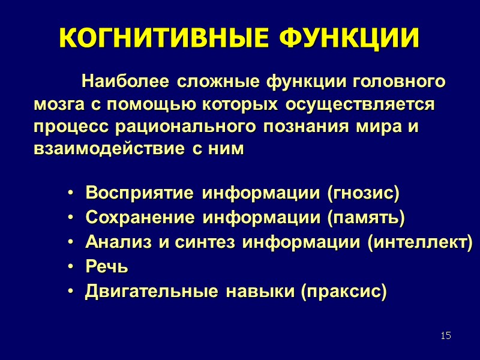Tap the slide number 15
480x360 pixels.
[x=445, y=335]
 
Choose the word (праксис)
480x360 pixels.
[x=343, y=292]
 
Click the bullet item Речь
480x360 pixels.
[x=106, y=267]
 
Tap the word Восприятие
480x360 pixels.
[x=140, y=194]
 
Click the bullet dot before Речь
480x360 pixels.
[x=71, y=268]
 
